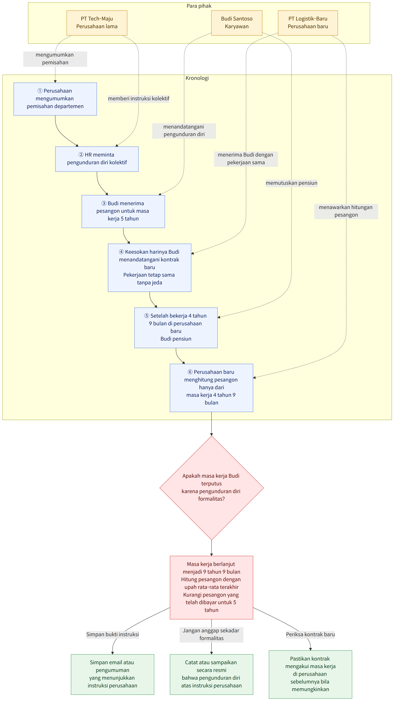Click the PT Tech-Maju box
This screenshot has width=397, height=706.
coord(97,23)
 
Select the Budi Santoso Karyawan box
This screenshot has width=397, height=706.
coord(237,23)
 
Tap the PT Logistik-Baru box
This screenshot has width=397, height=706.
coord(308,23)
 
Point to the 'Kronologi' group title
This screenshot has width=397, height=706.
coord(197,78)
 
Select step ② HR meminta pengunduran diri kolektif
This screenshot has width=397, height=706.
coord(97,159)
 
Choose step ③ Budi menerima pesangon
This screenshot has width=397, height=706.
coord(123,211)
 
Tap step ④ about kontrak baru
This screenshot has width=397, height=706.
coord(150,267)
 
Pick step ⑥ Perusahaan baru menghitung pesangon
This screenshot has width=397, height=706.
coord(211,388)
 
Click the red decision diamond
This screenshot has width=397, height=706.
coord(212,488)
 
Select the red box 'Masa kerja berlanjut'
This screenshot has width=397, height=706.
coord(211,587)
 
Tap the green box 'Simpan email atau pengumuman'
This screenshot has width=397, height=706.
coord(112,674)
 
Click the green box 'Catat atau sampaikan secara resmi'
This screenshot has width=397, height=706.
coord(211,674)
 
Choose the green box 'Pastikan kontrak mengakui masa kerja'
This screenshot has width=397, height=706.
coord(310,674)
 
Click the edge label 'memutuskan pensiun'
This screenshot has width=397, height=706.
coord(291,183)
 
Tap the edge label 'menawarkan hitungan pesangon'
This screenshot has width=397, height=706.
coord(346,211)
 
